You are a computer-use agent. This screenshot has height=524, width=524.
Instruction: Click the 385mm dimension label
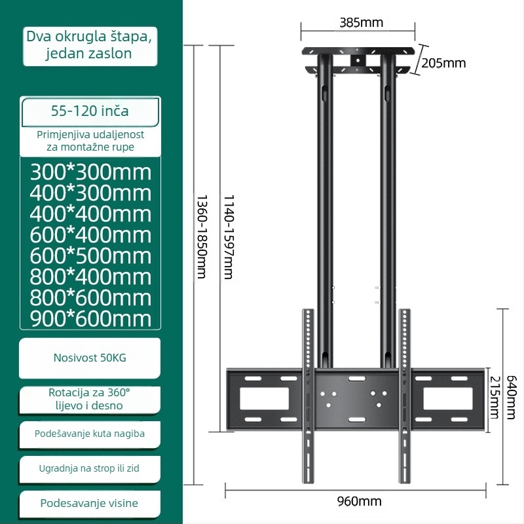362,22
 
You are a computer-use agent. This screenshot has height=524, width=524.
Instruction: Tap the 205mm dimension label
443,63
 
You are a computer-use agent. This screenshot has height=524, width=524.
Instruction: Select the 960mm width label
359,501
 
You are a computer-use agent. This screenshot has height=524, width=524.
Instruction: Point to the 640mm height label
512,398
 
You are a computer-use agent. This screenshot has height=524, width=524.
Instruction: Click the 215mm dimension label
495,398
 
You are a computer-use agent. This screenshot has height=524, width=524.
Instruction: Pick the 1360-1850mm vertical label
202,236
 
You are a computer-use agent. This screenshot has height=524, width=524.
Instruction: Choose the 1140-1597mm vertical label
229,236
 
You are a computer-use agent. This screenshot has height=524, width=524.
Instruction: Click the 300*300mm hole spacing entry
90,172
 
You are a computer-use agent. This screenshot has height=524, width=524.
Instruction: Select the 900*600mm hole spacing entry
90,319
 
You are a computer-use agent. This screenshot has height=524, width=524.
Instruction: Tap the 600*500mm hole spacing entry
90,256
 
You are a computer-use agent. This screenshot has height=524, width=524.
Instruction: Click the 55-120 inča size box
90,111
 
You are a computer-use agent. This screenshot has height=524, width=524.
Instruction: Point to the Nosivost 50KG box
90,358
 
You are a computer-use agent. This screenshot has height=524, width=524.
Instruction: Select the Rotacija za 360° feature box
90,399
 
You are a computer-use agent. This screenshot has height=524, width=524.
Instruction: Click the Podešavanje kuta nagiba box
90,434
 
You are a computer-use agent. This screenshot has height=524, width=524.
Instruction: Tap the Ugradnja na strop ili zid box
90,469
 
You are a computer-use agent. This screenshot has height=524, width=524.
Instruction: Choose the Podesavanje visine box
90,504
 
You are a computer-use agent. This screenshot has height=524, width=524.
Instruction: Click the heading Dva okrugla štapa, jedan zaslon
90,45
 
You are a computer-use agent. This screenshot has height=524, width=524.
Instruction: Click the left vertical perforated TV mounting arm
308,396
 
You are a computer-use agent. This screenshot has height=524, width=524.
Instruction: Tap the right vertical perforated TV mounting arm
405,396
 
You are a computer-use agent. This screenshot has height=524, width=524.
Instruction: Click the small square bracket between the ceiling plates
358,60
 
